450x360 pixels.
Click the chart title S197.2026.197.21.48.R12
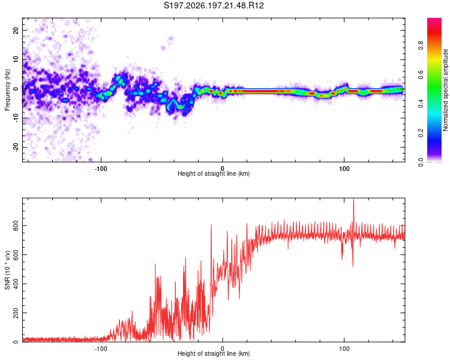click(x=214, y=5)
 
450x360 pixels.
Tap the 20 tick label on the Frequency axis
click(x=16, y=30)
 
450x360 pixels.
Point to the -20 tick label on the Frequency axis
click(x=16, y=147)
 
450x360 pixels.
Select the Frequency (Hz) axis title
click(x=7, y=90)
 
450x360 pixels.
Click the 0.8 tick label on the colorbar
click(x=421, y=45)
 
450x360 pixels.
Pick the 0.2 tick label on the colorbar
click(x=421, y=133)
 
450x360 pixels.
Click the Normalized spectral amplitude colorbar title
click(x=445, y=90)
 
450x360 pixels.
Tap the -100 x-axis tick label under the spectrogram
click(x=101, y=169)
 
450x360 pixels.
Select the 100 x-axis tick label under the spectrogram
click(x=344, y=169)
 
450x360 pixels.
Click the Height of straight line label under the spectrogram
click(x=214, y=173)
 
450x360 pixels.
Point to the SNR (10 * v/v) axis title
click(x=7, y=270)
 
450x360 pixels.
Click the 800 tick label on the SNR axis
click(x=16, y=226)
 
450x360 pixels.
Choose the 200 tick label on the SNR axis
click(x=16, y=313)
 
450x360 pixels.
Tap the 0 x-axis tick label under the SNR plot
click(x=223, y=349)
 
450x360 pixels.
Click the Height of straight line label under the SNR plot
click(x=214, y=353)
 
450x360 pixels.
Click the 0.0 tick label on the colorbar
click(x=421, y=162)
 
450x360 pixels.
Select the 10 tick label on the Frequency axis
click(x=16, y=59)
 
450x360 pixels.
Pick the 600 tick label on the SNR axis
click(x=16, y=254)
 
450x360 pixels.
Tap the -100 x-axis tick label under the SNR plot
click(x=101, y=349)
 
